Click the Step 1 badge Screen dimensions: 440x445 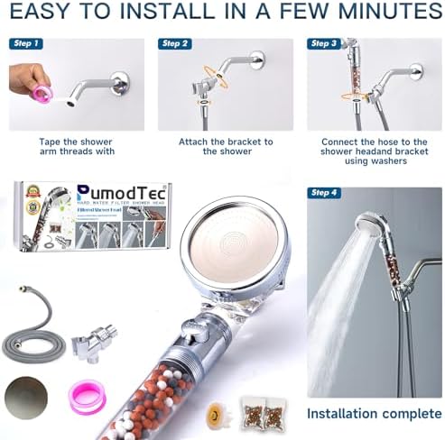click(x=25, y=43)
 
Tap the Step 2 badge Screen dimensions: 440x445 click(x=175, y=43)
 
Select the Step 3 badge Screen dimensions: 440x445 click(x=324, y=43)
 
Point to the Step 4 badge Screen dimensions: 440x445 click(x=325, y=193)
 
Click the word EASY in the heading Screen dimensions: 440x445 click(x=41, y=14)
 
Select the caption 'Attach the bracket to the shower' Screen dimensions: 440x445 click(x=225, y=147)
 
